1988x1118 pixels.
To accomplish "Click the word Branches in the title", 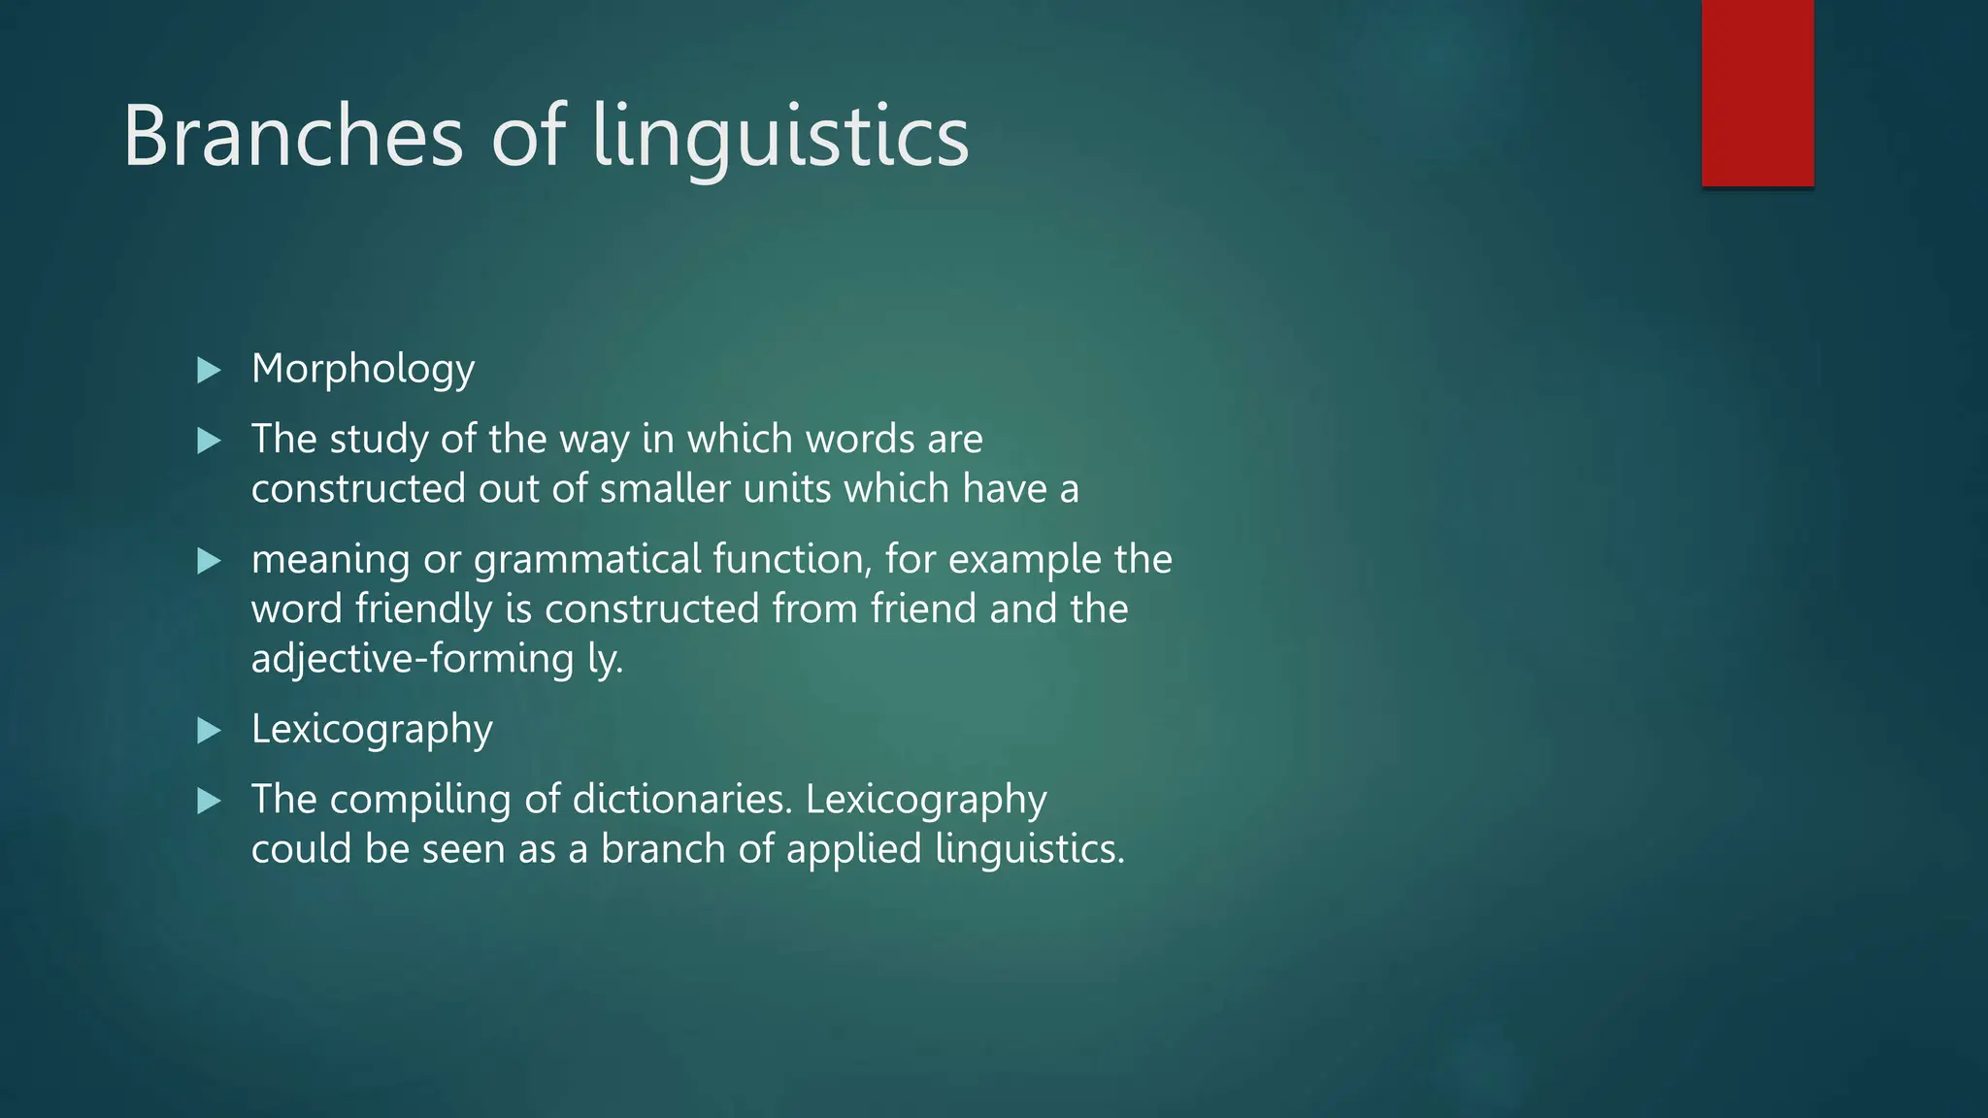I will [293, 137].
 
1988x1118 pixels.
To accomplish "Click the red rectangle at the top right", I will [1757, 93].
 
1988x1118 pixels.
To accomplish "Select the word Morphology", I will [363, 370].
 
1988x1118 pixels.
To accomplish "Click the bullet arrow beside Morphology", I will [209, 370].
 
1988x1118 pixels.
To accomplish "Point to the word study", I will [379, 440].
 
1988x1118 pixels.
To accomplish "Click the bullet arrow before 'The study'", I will [209, 442].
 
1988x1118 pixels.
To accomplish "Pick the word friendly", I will [423, 609].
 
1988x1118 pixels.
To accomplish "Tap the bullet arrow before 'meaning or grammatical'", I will [209, 561].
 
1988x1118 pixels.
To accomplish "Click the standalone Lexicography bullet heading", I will [372, 730].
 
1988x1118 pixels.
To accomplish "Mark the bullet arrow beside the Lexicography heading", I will [209, 731].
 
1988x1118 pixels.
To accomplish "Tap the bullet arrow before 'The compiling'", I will [209, 802].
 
